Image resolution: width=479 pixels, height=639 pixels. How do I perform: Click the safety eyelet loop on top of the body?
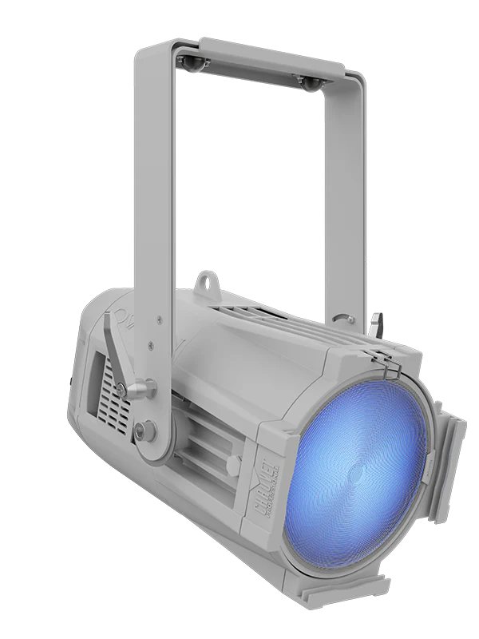[206, 281]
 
